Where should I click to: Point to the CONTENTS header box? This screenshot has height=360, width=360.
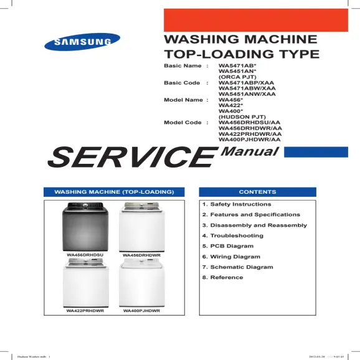click(x=258, y=192)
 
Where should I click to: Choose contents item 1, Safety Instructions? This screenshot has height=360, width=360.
click(x=237, y=204)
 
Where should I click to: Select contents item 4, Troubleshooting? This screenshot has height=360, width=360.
click(x=233, y=236)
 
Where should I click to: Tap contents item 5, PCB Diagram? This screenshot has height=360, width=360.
click(x=228, y=246)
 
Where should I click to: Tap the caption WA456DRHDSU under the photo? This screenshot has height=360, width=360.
click(x=85, y=256)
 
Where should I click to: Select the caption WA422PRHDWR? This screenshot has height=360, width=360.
click(x=85, y=310)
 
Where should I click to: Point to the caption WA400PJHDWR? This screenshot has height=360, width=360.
click(x=142, y=310)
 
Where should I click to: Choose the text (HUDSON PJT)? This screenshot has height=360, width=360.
click(x=242, y=116)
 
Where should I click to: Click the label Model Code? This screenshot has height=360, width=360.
click(x=182, y=123)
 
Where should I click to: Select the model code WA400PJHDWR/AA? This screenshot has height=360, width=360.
click(x=250, y=140)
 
